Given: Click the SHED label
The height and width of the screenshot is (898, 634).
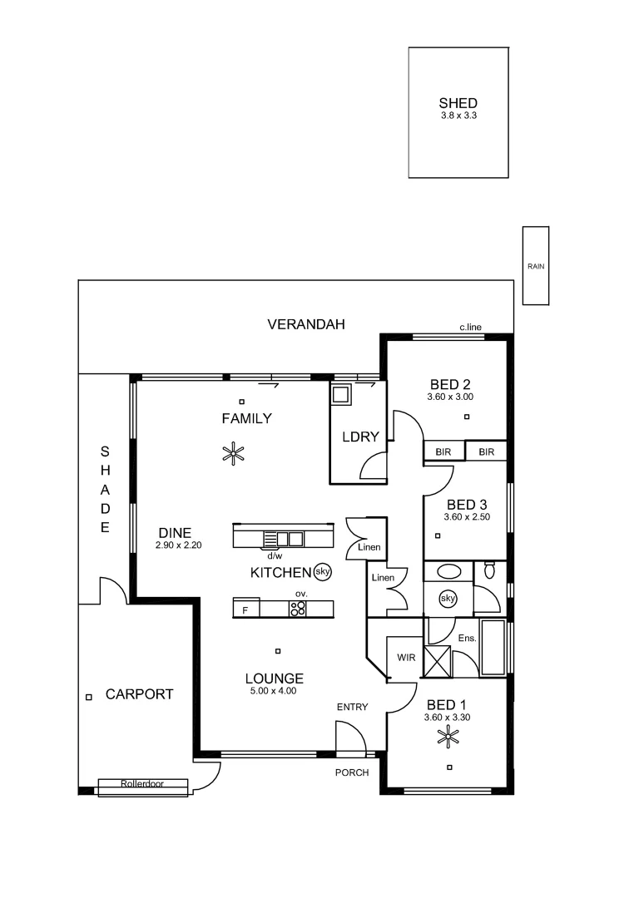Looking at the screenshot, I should (458, 104).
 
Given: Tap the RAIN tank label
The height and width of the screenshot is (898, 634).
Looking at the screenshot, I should (535, 266).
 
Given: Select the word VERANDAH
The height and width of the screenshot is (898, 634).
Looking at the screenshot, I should (305, 324).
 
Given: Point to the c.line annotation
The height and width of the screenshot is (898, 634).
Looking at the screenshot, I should (471, 327).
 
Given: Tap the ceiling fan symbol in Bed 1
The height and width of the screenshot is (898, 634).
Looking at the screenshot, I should (449, 735).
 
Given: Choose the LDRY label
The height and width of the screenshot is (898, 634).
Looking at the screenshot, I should (360, 437).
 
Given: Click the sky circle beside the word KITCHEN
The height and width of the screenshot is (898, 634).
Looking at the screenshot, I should (323, 572).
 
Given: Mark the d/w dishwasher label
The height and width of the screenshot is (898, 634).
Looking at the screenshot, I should (274, 555).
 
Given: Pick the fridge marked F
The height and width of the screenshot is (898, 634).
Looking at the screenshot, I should (245, 610).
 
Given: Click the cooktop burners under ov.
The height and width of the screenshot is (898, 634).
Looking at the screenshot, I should (297, 609).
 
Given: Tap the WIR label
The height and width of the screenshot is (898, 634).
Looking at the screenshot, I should (405, 657).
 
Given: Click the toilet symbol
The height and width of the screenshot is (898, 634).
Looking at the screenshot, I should (490, 570).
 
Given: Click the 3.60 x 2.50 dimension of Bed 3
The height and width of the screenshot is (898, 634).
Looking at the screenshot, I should (467, 517).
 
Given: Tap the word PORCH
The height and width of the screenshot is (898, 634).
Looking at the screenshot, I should (351, 772).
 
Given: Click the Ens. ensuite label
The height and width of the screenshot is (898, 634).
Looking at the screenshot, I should (467, 638).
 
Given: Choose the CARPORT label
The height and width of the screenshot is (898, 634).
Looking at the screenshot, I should (139, 694).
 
